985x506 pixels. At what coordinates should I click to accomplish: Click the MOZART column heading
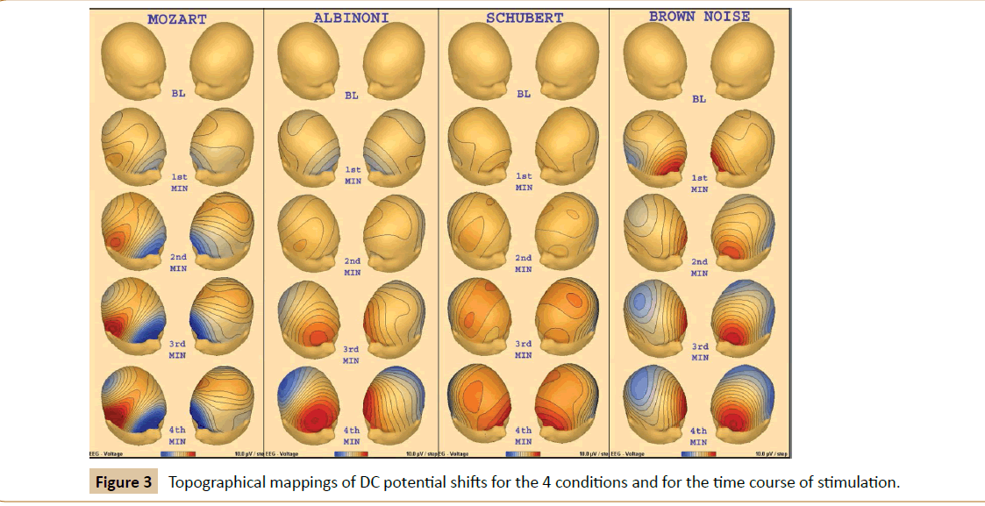177,19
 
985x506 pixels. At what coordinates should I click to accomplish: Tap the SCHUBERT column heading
523,18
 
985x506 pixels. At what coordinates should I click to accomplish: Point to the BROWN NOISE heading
699,17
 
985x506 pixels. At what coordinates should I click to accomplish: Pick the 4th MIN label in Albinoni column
352,436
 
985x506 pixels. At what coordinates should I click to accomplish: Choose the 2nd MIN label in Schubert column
524,264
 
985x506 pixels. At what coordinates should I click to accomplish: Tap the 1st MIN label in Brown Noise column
699,182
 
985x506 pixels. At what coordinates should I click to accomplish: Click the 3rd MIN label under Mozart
177,350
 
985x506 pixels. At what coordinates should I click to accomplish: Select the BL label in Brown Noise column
699,99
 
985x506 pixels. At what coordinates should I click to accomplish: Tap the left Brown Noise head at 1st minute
653,149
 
